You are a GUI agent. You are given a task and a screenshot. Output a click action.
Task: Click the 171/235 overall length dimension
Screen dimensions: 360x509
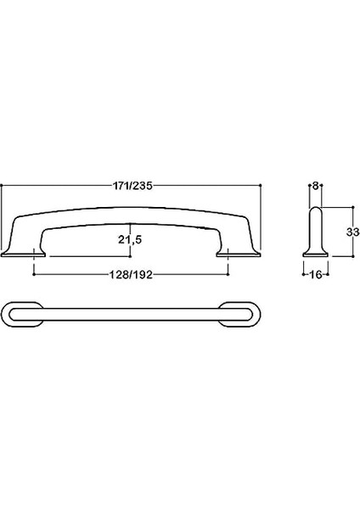point(132,186)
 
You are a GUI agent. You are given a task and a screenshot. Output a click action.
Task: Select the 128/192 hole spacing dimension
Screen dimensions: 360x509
point(130,275)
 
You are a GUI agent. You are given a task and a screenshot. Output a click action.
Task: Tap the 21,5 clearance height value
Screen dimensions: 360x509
point(130,239)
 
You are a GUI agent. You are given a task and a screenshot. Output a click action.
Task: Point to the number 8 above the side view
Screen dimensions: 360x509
point(315,186)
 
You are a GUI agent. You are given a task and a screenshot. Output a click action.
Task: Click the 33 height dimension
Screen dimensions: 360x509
point(352,232)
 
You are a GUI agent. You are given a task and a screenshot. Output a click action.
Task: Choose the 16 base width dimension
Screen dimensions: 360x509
point(316,275)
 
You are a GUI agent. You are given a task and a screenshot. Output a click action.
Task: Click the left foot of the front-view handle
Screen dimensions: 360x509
point(24,253)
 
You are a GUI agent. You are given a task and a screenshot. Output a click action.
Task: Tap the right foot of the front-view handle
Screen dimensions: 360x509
point(239,253)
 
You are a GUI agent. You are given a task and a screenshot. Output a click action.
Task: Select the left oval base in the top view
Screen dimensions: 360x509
point(22,315)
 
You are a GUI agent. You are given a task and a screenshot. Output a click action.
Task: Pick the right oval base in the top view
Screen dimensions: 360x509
point(239,315)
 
